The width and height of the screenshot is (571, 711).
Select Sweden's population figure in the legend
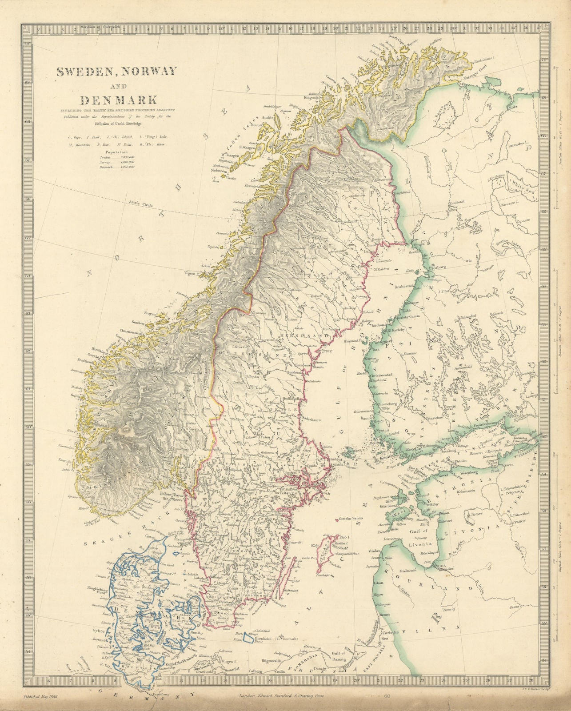[126, 157]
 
